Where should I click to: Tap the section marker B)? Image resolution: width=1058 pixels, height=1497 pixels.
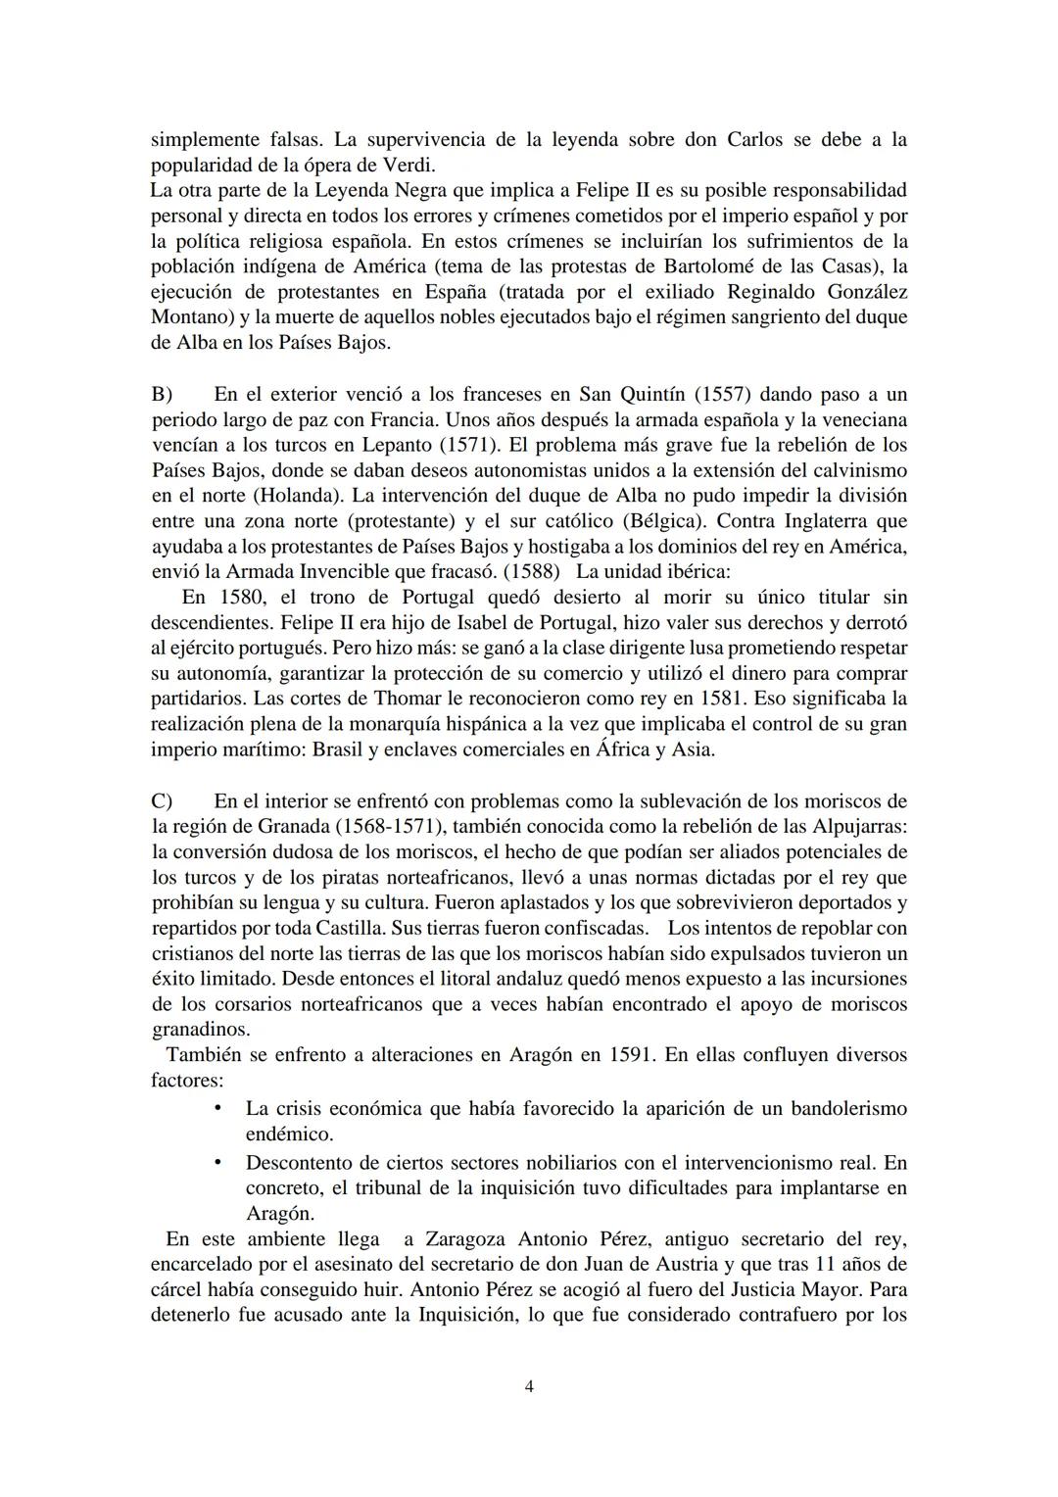click(162, 395)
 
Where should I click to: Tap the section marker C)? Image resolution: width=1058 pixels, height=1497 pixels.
click(162, 801)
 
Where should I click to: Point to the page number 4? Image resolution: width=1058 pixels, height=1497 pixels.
click(529, 1386)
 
